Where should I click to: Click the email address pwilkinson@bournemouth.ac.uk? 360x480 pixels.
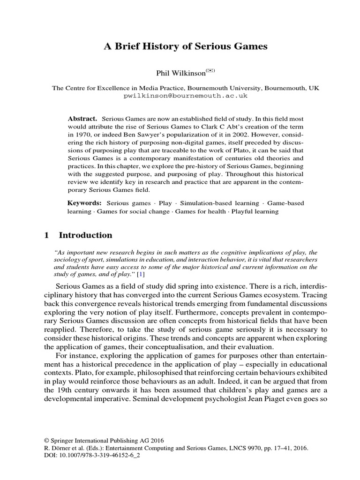[185, 95]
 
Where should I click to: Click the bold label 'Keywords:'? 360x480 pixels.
[84, 203]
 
